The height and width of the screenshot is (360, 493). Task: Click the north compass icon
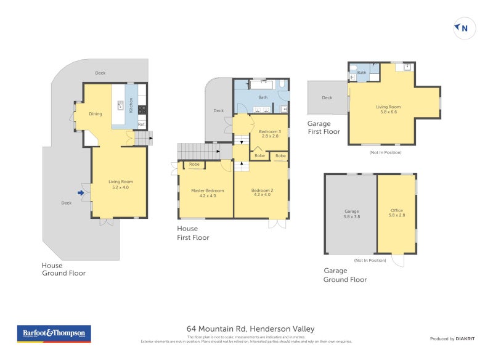point(465,28)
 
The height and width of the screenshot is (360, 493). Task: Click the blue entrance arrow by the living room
point(81,193)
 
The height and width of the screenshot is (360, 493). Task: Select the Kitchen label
point(131,106)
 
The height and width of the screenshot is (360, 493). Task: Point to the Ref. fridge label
point(141,125)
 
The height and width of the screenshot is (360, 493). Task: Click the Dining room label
point(96,114)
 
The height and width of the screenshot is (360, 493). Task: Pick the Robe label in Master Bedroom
point(194,165)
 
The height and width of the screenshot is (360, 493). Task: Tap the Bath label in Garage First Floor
point(362,73)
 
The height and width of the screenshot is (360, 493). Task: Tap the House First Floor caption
point(193,233)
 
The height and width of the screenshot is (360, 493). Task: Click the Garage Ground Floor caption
point(345,275)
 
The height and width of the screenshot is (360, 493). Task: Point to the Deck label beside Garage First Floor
point(327,97)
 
